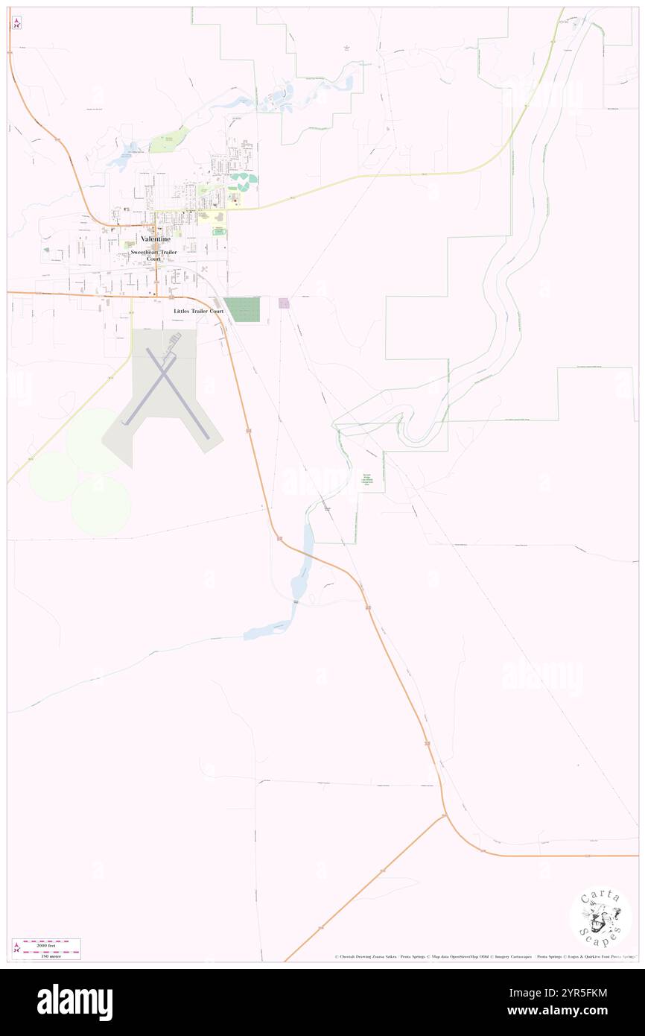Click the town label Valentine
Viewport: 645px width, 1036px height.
tap(156, 239)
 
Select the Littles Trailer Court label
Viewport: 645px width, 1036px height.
tap(198, 311)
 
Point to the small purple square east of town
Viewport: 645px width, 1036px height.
tap(284, 303)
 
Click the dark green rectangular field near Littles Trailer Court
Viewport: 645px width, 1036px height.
tap(243, 309)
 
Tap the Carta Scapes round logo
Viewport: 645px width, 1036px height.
tap(600, 917)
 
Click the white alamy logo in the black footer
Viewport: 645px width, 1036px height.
tap(75, 1002)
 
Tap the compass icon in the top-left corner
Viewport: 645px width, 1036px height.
tap(16, 23)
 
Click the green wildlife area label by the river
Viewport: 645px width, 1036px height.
tap(366, 479)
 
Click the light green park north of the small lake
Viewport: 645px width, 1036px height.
tap(170, 139)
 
